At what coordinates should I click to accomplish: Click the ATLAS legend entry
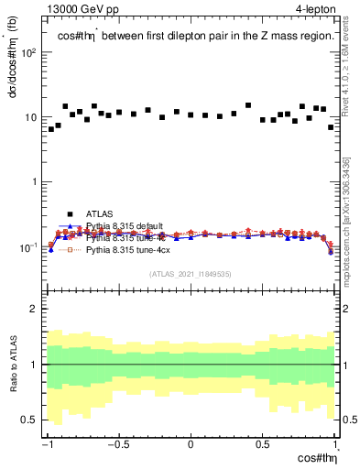pos(97,213)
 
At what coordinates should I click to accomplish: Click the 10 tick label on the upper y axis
pos(32,117)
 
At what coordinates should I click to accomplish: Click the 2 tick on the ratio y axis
pos(37,309)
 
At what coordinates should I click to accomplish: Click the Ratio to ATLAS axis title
pos(12,365)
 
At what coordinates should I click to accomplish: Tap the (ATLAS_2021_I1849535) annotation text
pos(191,273)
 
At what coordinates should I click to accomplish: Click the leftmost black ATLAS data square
pos(51,129)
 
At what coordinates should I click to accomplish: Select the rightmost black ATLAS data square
pos(331,127)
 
